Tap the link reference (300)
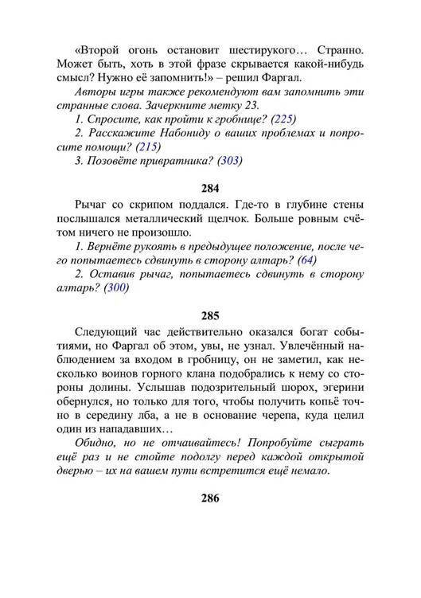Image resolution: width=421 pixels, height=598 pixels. click(113, 288)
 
